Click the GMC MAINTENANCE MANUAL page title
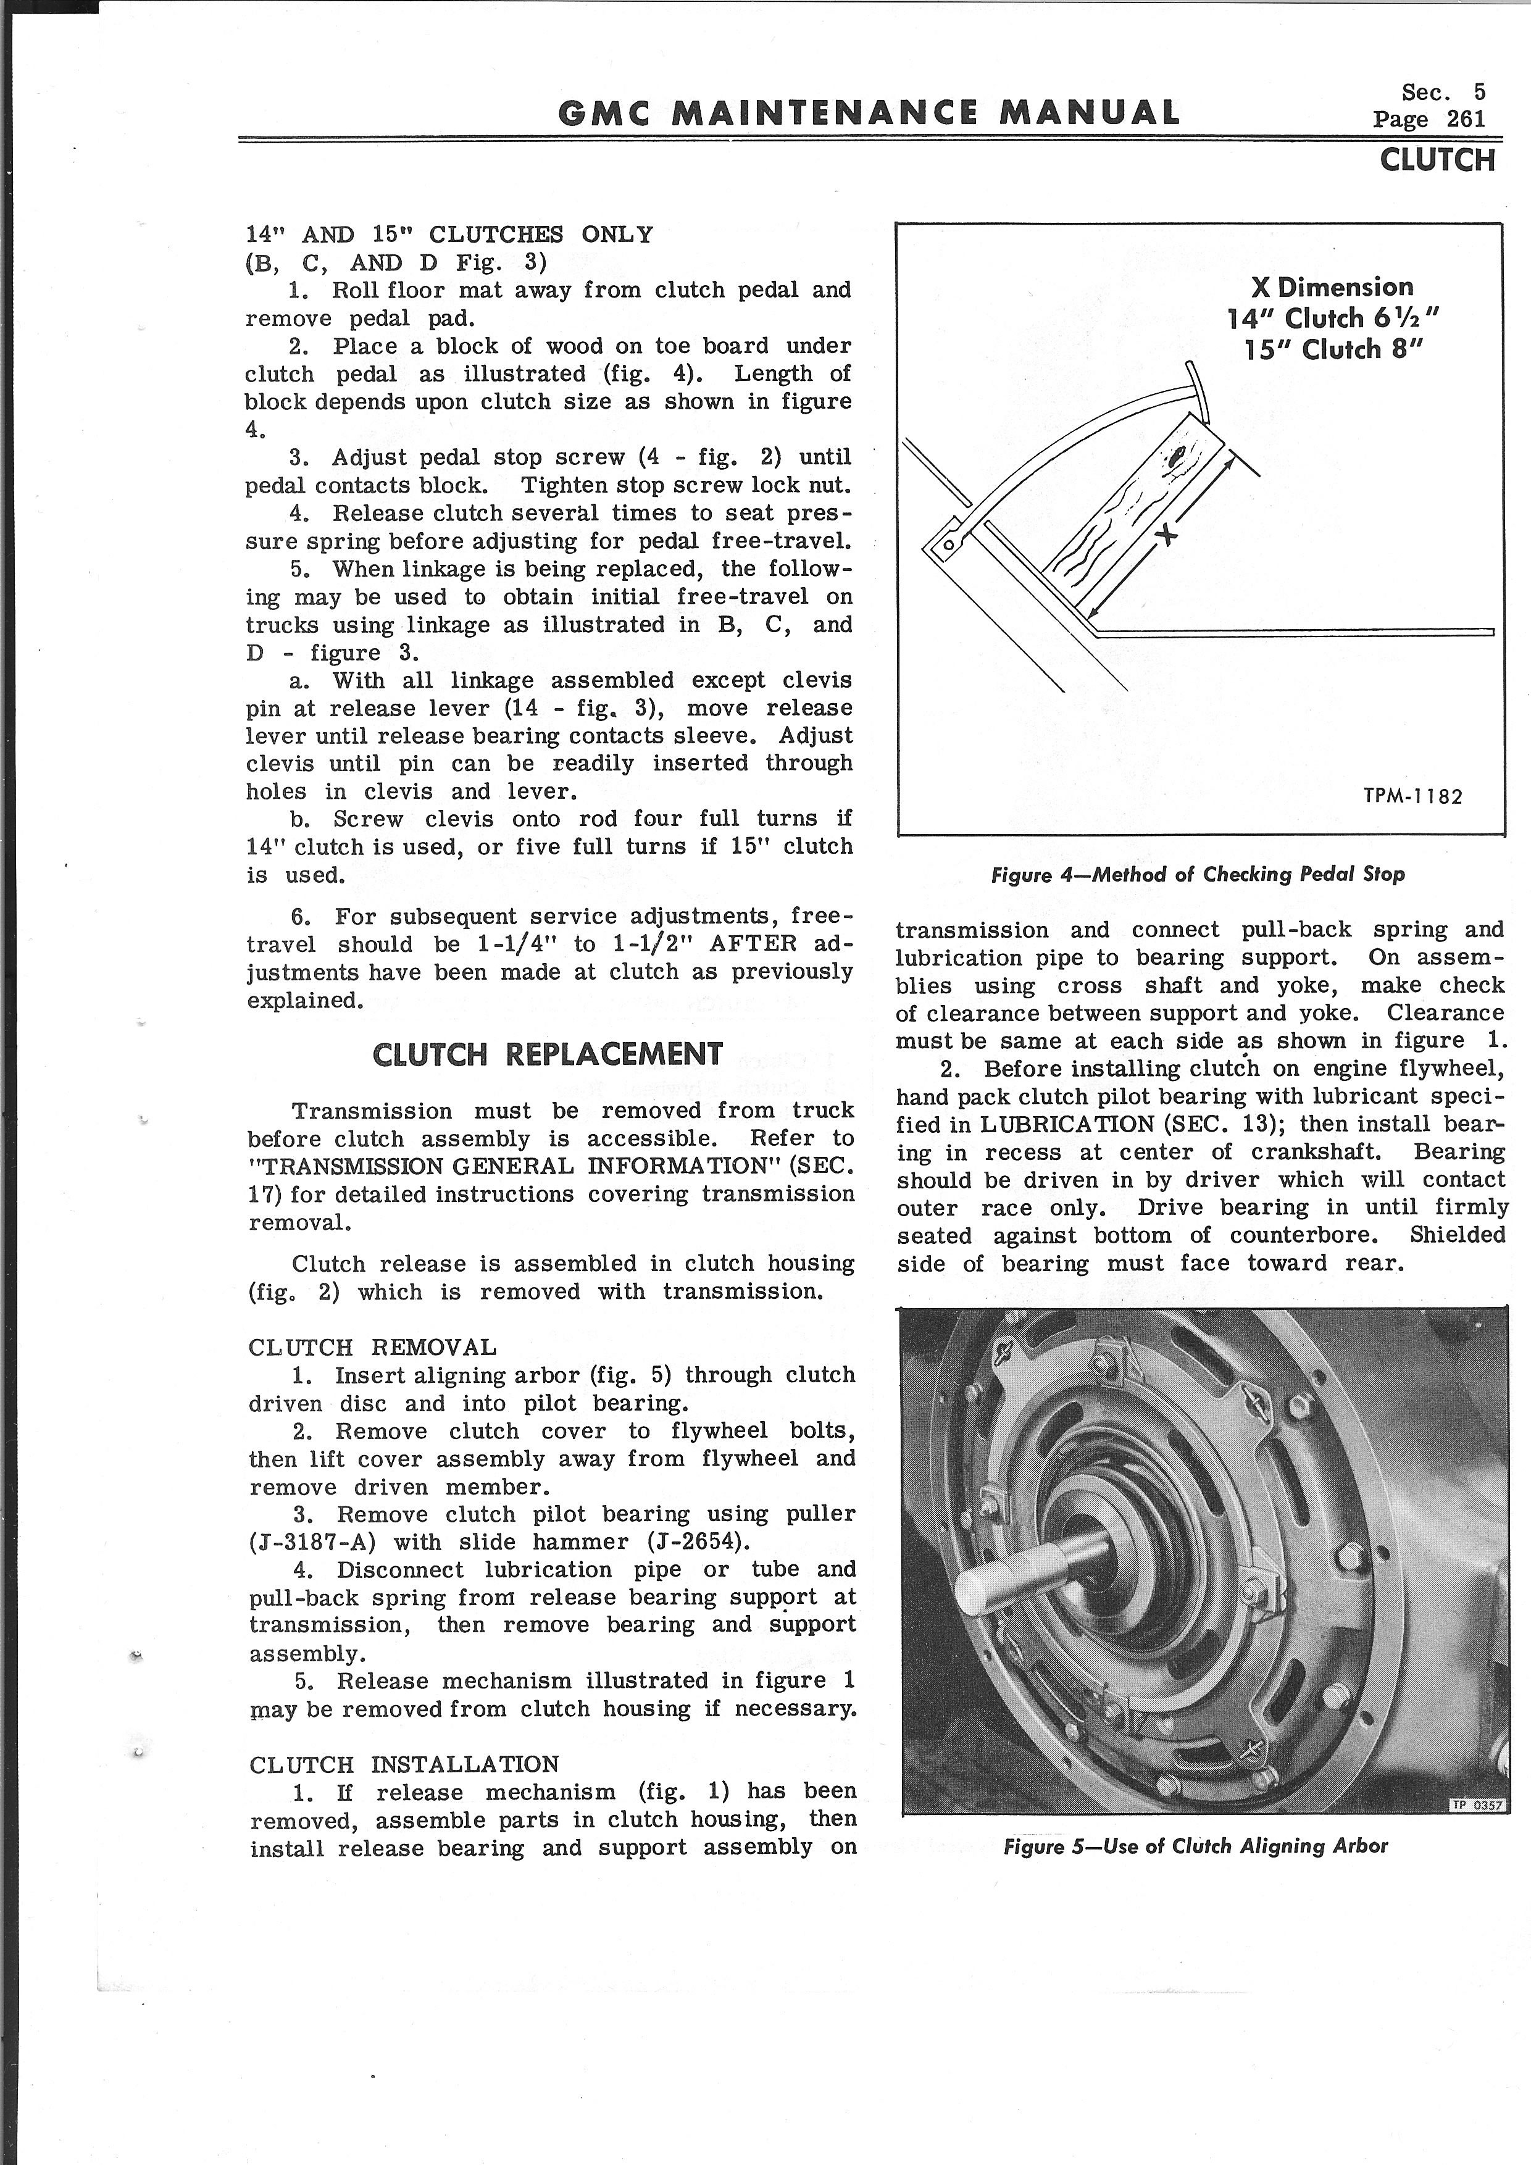tap(867, 113)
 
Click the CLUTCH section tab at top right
tap(1437, 161)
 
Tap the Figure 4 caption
tap(1197, 874)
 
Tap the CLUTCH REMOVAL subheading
tap(372, 1348)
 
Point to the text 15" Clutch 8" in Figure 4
tap(1332, 350)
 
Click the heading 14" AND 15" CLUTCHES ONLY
tap(449, 235)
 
